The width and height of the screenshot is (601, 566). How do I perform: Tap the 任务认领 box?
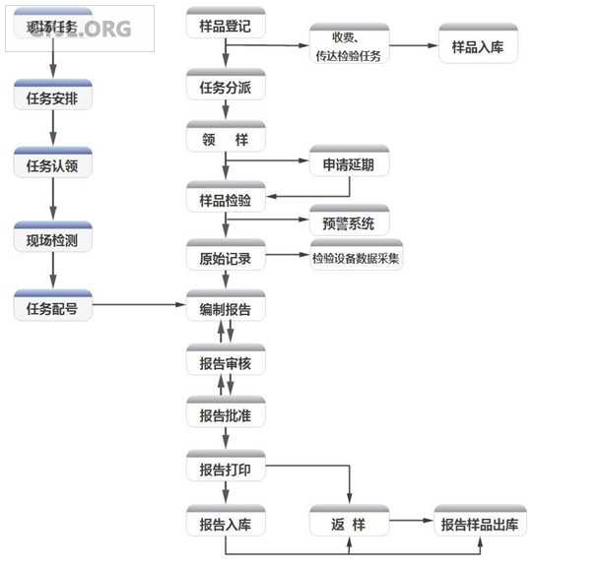[53, 165]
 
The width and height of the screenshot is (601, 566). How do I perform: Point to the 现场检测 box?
[53, 239]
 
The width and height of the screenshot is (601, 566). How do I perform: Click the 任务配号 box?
[53, 307]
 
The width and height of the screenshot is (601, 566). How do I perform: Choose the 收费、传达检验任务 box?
[349, 46]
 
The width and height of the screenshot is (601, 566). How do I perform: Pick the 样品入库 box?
[477, 46]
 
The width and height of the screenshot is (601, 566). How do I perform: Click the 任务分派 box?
[226, 87]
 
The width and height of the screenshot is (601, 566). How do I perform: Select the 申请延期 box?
[349, 163]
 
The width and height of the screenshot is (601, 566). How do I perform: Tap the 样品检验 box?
[226, 200]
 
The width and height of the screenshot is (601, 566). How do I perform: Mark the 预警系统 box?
[349, 222]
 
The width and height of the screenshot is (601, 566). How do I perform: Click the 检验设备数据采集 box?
[356, 258]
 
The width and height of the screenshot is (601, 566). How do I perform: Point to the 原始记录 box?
[226, 258]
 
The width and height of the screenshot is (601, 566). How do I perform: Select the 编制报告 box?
[226, 308]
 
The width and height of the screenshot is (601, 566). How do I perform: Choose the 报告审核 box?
[226, 362]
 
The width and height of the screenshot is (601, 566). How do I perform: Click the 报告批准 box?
[226, 415]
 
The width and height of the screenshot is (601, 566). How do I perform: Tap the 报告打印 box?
[226, 469]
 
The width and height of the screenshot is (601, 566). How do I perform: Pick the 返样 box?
[349, 523]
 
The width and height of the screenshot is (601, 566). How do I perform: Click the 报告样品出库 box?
[481, 523]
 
